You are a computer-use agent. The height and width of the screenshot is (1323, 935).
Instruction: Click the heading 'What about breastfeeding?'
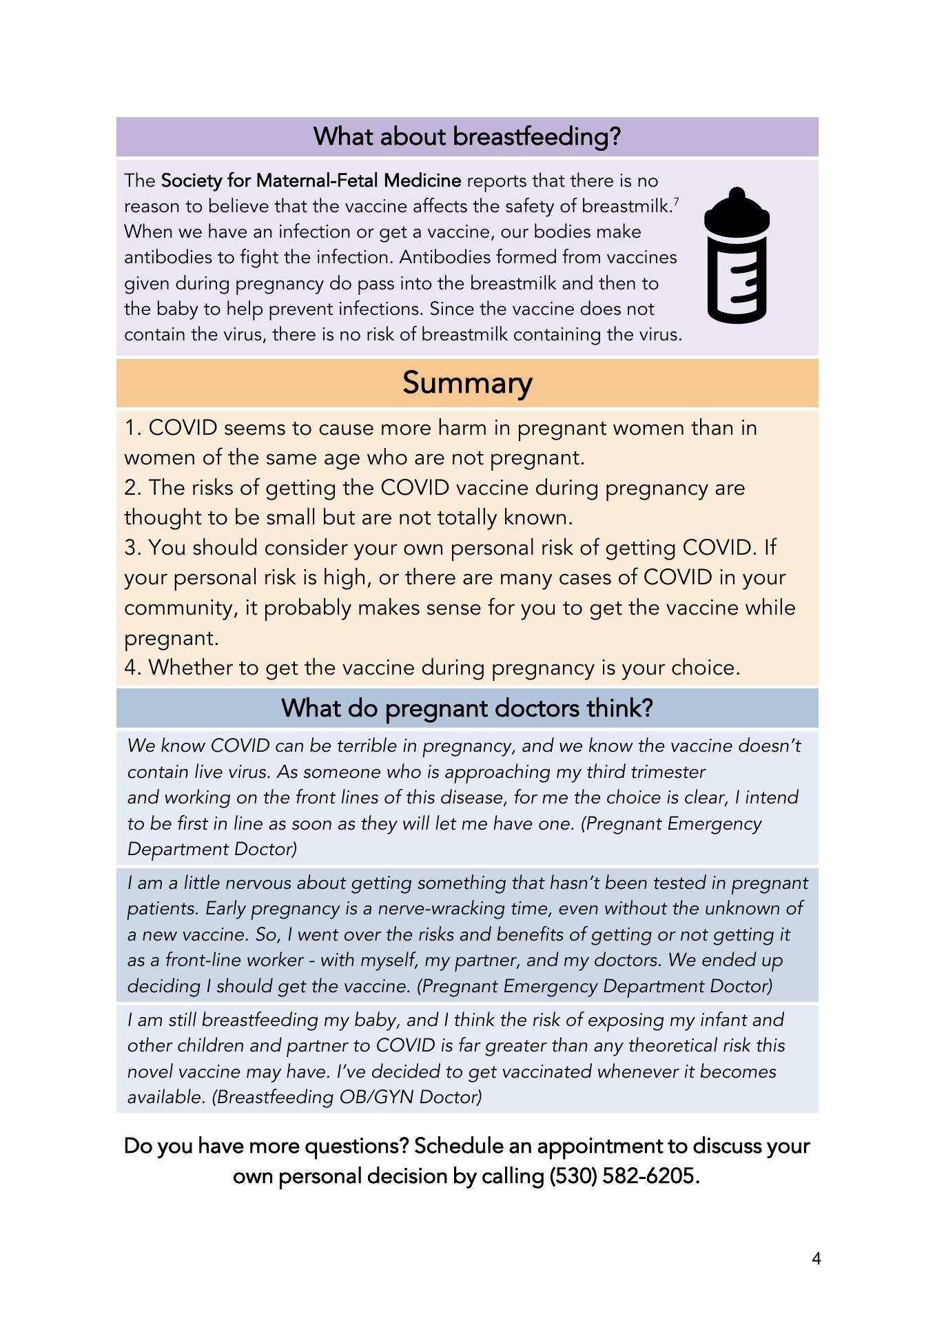coord(467,136)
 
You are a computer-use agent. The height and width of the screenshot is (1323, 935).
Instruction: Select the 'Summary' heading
coord(467,383)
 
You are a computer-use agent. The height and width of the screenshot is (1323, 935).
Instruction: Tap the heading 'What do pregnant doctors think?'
coord(467,708)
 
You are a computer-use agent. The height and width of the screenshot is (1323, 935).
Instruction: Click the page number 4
coord(816,1259)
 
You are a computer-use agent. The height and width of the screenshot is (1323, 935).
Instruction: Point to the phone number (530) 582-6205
coord(624,1176)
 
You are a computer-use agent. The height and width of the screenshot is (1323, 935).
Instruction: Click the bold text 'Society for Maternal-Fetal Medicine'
coord(311,181)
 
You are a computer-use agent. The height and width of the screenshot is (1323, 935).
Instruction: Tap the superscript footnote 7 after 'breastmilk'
coord(676,201)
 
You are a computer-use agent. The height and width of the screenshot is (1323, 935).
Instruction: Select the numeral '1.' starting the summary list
coord(133,428)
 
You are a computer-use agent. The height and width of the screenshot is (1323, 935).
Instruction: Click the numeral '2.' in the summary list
coord(133,488)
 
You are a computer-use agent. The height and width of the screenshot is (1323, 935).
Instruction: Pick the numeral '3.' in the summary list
coord(133,548)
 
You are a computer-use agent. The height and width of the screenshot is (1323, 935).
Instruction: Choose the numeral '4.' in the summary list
coord(133,668)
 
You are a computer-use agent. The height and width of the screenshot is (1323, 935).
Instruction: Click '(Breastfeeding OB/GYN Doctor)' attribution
coord(347,1097)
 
